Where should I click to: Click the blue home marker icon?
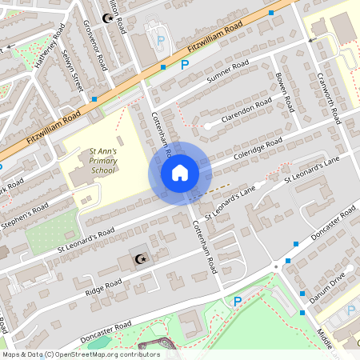tap(179, 173)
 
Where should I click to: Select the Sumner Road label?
tap(228, 74)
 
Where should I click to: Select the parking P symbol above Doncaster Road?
tap(236, 302)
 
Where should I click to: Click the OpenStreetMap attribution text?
tap(80, 354)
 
